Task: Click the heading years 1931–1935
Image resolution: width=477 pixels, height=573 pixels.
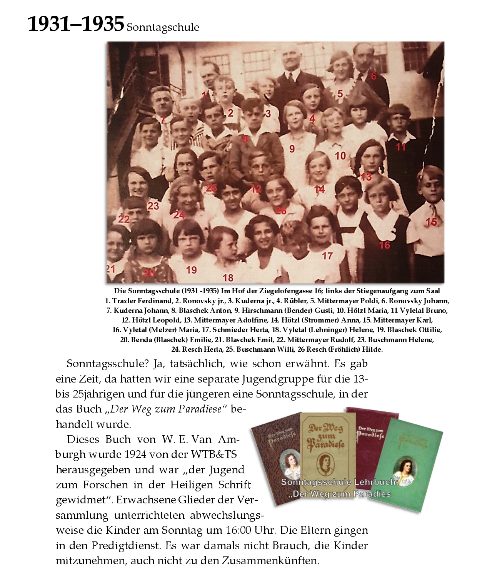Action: pos(75,24)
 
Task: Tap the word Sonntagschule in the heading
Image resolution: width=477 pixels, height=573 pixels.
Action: pos(163,27)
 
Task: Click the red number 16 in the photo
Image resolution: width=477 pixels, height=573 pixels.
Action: pos(384,245)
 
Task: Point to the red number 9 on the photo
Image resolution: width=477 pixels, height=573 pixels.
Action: pos(292,149)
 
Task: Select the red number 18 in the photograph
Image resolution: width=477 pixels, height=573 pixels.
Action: pos(228,277)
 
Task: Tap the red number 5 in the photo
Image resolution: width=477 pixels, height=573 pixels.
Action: pos(340,94)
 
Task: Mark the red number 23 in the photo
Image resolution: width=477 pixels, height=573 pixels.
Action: pos(153,206)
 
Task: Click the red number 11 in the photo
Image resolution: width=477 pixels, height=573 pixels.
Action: pos(401,147)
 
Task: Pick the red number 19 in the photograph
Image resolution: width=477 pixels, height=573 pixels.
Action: pos(192,270)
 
